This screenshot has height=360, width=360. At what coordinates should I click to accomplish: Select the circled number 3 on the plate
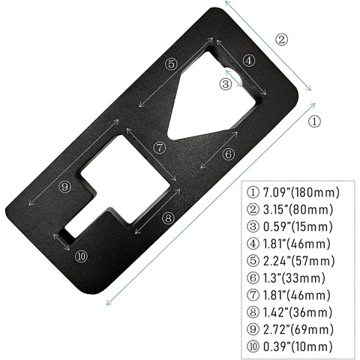click(224, 85)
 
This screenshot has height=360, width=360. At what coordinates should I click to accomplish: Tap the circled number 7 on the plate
click(158, 146)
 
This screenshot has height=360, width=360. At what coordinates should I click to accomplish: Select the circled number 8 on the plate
click(168, 217)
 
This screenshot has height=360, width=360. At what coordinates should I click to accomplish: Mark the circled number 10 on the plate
click(81, 256)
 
